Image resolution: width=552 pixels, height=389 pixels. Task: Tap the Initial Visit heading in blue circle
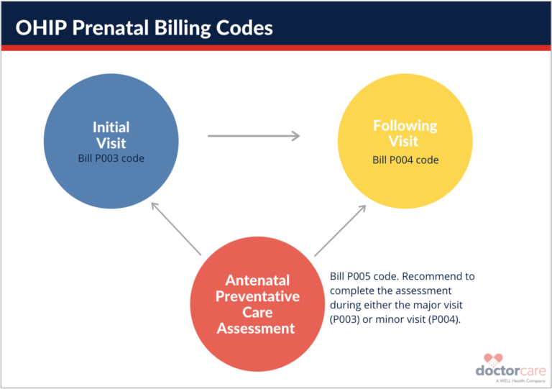[111, 134]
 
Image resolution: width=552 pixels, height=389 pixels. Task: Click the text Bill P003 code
[111, 157]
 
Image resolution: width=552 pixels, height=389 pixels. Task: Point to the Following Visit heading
[405, 133]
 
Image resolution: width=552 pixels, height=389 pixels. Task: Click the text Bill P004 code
[405, 160]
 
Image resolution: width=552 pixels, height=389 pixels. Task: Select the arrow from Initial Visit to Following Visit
[253, 135]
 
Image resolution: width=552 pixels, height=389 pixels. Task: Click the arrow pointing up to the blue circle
[175, 228]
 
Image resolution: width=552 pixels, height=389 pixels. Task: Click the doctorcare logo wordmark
[510, 370]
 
